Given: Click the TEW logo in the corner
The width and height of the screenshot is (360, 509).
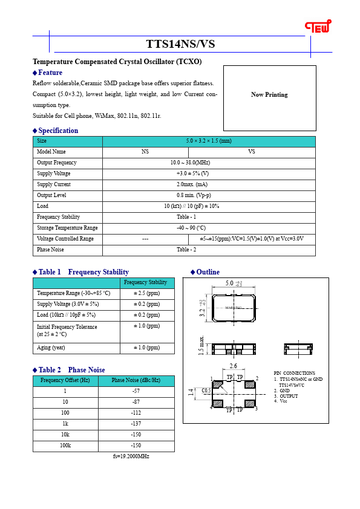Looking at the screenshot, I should pos(317,27).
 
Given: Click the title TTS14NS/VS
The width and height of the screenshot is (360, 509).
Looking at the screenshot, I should pos(180,44).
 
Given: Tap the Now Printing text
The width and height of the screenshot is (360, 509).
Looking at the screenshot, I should pos(269,94).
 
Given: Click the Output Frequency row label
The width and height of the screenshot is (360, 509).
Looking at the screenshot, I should pos(57,163).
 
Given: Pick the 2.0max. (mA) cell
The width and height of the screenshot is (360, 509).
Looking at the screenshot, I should pos(209,184).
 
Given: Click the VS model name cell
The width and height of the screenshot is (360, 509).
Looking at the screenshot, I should pos(252,152).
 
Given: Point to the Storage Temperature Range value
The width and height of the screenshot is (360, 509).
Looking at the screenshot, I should pos(209,228).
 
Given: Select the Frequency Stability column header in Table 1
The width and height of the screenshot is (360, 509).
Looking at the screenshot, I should pos(145,282).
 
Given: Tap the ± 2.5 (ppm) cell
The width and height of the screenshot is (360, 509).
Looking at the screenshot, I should pos(146,293).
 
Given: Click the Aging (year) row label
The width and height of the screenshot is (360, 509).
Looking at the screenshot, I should pos(51,348).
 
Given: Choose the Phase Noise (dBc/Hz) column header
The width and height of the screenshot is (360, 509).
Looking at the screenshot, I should pos(136,380).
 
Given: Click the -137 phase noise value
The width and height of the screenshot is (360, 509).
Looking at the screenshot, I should pos(136,424).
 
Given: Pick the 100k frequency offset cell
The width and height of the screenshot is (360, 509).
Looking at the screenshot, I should pos(65,446).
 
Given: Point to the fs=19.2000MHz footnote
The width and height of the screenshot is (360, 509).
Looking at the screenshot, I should pos(131,456).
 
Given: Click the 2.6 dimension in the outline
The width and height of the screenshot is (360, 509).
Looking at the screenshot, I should pos(234,366).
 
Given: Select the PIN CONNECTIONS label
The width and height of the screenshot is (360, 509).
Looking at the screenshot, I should pos(294,373).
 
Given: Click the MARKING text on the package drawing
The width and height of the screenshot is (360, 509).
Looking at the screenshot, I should pos(234,308).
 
